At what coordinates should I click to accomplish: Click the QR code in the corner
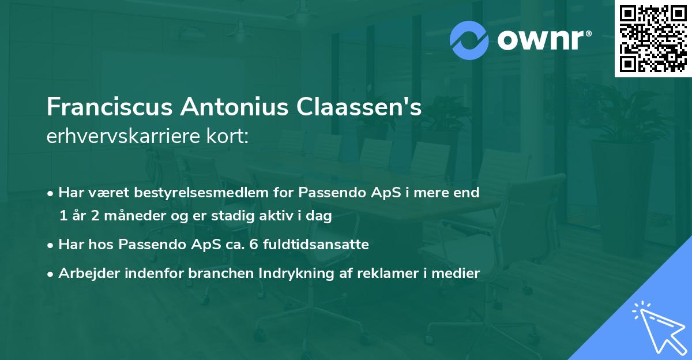coord(653,39)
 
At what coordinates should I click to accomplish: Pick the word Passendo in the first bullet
coord(326,193)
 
